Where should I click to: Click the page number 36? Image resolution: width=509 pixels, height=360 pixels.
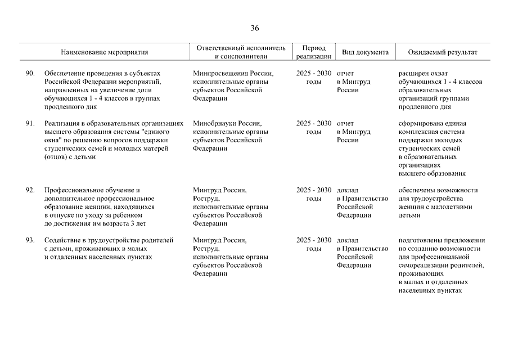tap(255, 29)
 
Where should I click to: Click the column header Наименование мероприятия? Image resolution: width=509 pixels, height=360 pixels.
tap(105, 52)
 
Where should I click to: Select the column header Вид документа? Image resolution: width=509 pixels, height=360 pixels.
tap(365, 52)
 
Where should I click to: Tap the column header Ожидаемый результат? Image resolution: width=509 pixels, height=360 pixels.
tap(443, 52)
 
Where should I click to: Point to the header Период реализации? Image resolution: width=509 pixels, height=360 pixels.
tap(313, 52)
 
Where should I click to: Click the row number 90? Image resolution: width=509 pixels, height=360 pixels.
tap(30, 74)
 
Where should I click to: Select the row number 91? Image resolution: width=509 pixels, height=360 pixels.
tap(30, 123)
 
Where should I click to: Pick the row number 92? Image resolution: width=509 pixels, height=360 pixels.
tap(30, 190)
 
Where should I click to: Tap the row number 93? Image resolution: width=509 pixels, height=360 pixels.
tap(30, 240)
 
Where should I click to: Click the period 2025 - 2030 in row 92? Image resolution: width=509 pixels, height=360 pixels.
tap(314, 190)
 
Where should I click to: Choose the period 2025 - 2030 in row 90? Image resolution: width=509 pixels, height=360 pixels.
tap(314, 74)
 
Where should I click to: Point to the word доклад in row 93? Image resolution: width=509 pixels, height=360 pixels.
tap(348, 240)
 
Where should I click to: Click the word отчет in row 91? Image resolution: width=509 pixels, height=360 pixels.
tap(345, 123)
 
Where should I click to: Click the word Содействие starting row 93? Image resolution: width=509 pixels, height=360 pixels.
tap(62, 240)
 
